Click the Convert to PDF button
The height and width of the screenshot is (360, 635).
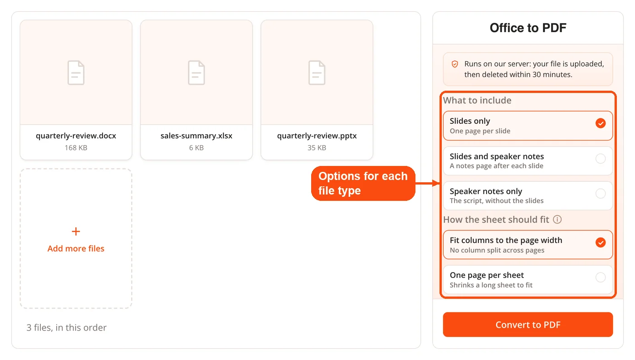tap(528, 325)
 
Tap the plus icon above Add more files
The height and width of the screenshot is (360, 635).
tap(76, 231)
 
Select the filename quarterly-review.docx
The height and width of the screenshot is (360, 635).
tap(76, 136)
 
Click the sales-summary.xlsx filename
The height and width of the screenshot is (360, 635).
tap(196, 136)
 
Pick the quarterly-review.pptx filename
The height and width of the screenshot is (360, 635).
tap(317, 136)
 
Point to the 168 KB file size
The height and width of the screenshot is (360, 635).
tap(76, 148)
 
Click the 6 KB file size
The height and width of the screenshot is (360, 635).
tap(196, 148)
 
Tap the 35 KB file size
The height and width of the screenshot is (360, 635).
tap(317, 148)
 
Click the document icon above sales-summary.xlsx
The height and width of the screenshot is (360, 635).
tap(196, 73)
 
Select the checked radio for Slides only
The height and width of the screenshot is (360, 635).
tap(601, 123)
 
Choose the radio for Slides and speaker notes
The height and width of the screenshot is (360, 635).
tap(601, 158)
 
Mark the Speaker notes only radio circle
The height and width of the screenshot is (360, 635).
tap(601, 193)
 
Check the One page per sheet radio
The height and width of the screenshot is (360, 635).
tap(601, 277)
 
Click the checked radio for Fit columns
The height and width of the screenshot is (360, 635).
tap(601, 243)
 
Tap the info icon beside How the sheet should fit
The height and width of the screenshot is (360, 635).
tap(557, 219)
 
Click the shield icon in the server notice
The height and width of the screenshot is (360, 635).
tap(454, 64)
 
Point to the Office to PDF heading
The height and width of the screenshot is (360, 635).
tap(528, 28)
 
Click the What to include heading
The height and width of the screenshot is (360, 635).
tap(477, 100)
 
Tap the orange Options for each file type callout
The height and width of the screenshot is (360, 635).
tap(363, 184)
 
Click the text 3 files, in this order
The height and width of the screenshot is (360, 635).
tap(66, 327)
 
